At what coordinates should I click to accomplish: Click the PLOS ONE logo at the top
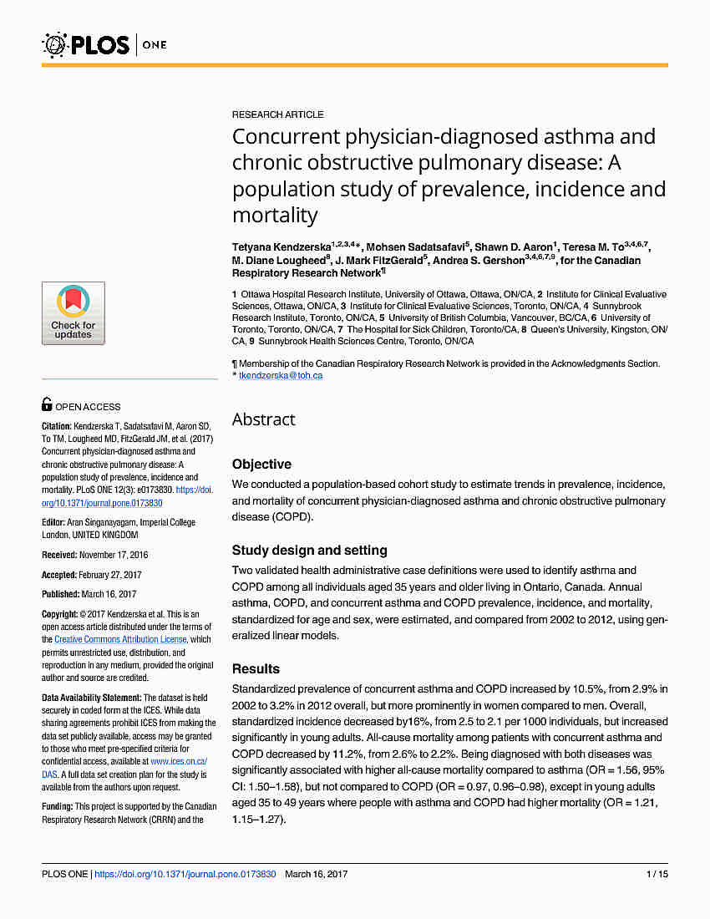(x=104, y=43)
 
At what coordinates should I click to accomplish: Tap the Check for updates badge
(x=74, y=313)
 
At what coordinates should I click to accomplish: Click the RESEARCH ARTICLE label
(x=277, y=114)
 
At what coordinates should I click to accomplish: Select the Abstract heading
(x=263, y=419)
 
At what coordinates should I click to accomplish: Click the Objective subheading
(x=261, y=465)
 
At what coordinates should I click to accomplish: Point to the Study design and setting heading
(x=309, y=551)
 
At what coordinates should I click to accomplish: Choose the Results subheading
(x=256, y=669)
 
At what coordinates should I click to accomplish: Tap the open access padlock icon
(x=48, y=405)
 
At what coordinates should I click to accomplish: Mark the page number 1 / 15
(x=657, y=875)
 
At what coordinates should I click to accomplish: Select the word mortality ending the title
(x=275, y=216)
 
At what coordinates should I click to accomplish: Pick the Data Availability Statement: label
(x=92, y=698)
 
